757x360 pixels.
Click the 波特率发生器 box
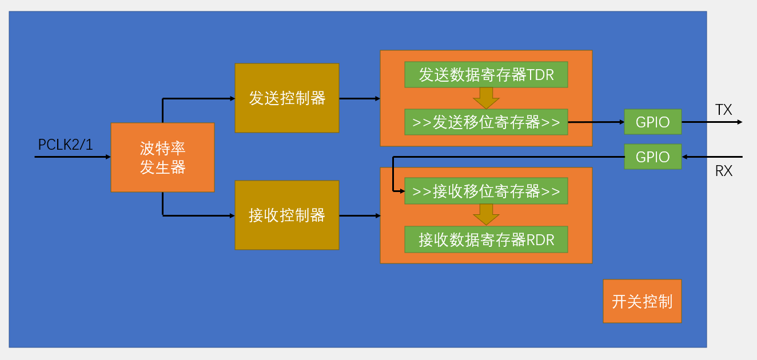coord(162,157)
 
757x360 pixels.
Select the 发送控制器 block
coord(287,98)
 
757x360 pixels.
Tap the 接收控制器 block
coord(287,215)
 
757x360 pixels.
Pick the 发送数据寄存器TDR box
coord(486,74)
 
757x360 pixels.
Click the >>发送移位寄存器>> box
coord(486,122)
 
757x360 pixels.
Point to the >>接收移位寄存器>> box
coord(486,191)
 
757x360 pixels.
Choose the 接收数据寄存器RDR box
coord(486,239)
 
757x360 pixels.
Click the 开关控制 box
coord(642,301)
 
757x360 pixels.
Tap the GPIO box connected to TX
coord(652,122)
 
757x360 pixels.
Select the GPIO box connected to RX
coord(652,157)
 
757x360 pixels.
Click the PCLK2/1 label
coord(65,145)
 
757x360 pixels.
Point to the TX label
coord(723,110)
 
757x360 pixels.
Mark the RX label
coord(723,170)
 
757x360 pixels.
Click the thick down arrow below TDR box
coord(486,98)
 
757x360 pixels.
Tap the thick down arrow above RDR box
coord(486,215)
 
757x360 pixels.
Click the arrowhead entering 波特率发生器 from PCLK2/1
coord(107,157)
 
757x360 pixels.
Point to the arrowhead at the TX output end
coord(739,122)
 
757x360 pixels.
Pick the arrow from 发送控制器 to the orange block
coord(360,98)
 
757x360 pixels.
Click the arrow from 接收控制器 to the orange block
coord(360,215)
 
